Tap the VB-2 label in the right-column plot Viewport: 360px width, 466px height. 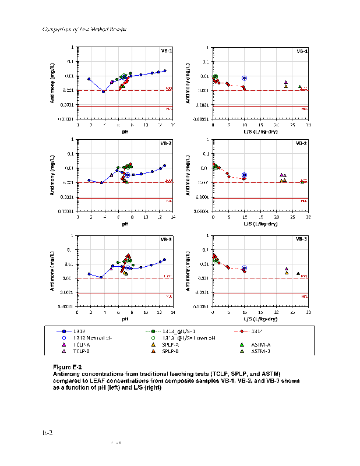coord(301,143)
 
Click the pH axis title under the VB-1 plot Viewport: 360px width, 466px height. coord(125,131)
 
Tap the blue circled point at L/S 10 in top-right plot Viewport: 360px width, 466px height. coord(245,78)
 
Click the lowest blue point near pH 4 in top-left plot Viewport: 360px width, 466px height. coord(103,91)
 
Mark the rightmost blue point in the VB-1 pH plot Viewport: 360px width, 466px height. coord(165,70)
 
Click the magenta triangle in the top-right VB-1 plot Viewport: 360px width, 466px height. coord(286,82)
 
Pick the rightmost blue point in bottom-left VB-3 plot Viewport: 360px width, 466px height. coord(165,260)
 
